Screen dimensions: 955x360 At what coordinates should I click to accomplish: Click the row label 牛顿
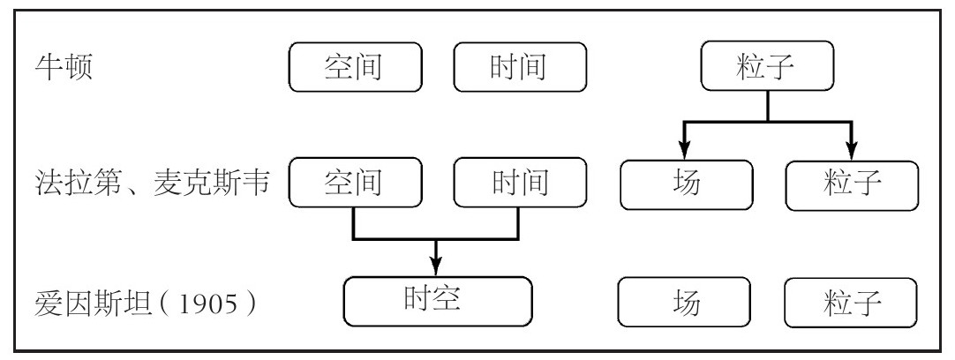pos(64,67)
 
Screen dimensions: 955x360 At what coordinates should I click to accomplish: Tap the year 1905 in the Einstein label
pos(207,304)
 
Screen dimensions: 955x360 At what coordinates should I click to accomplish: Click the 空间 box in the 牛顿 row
pos(355,67)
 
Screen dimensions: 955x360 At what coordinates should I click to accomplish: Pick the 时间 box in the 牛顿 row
pos(520,67)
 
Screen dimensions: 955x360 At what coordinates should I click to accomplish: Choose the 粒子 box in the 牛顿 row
pos(767,66)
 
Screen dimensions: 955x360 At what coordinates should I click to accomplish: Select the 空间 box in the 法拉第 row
pos(355,182)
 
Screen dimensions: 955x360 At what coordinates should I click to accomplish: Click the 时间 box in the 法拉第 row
pos(520,182)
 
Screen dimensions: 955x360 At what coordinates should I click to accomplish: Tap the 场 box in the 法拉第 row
pos(687,184)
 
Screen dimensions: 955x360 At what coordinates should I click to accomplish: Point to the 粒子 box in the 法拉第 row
pos(852,185)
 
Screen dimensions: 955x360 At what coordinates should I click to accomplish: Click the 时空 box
pos(438,302)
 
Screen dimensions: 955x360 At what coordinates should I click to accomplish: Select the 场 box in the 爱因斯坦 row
pos(684,302)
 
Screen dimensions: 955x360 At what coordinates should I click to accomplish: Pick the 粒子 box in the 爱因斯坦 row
pos(851,303)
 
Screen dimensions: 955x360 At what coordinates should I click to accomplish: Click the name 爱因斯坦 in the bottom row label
pos(93,304)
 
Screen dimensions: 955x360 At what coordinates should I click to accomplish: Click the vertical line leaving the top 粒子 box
pos(767,106)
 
